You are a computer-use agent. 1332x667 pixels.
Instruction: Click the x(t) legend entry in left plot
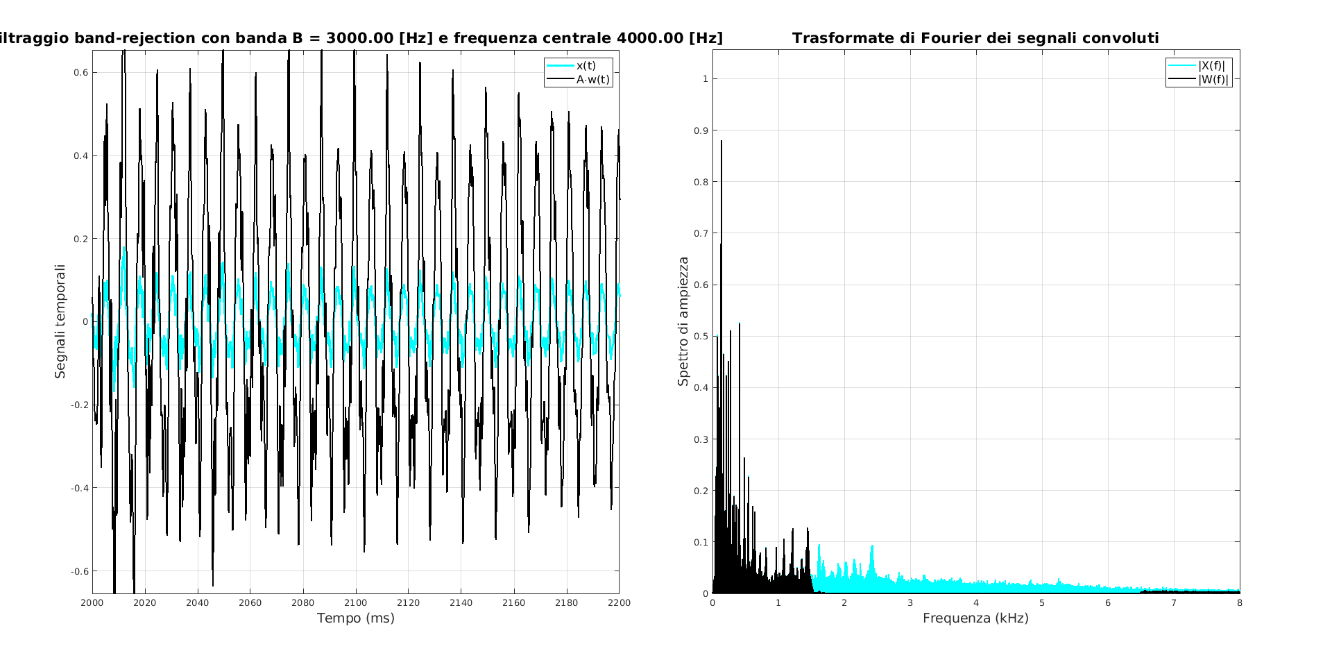(x=586, y=66)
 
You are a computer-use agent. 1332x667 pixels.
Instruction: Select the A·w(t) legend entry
(x=592, y=79)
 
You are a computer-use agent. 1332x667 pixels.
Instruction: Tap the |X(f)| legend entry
(x=1211, y=66)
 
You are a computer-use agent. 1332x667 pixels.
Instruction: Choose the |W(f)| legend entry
(x=1213, y=79)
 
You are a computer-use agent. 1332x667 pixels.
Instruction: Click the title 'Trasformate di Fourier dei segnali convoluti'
(x=975, y=38)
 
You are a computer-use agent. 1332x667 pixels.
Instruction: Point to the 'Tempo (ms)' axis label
(x=355, y=618)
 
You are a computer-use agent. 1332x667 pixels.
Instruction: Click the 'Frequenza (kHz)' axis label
(x=975, y=618)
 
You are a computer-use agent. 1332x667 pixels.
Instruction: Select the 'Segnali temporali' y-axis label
(x=60, y=321)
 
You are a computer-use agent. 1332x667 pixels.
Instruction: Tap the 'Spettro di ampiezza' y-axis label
(x=683, y=321)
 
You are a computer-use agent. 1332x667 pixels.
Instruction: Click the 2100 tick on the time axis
(x=355, y=602)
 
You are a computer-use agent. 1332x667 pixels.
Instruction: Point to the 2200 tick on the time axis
(x=619, y=602)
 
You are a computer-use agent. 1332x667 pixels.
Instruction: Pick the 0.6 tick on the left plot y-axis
(x=81, y=72)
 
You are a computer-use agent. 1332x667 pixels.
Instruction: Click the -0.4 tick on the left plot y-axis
(x=79, y=488)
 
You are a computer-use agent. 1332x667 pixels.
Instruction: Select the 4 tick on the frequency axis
(x=976, y=602)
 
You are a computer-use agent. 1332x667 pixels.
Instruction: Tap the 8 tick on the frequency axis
(x=1240, y=602)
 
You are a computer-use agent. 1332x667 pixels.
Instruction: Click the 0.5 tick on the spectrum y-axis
(x=701, y=337)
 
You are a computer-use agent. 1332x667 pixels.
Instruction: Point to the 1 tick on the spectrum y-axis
(x=705, y=79)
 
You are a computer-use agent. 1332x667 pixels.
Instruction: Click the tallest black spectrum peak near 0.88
(x=721, y=142)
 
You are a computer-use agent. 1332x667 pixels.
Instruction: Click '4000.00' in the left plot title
(x=649, y=38)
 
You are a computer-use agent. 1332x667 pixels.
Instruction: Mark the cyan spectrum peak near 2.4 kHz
(x=872, y=547)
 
